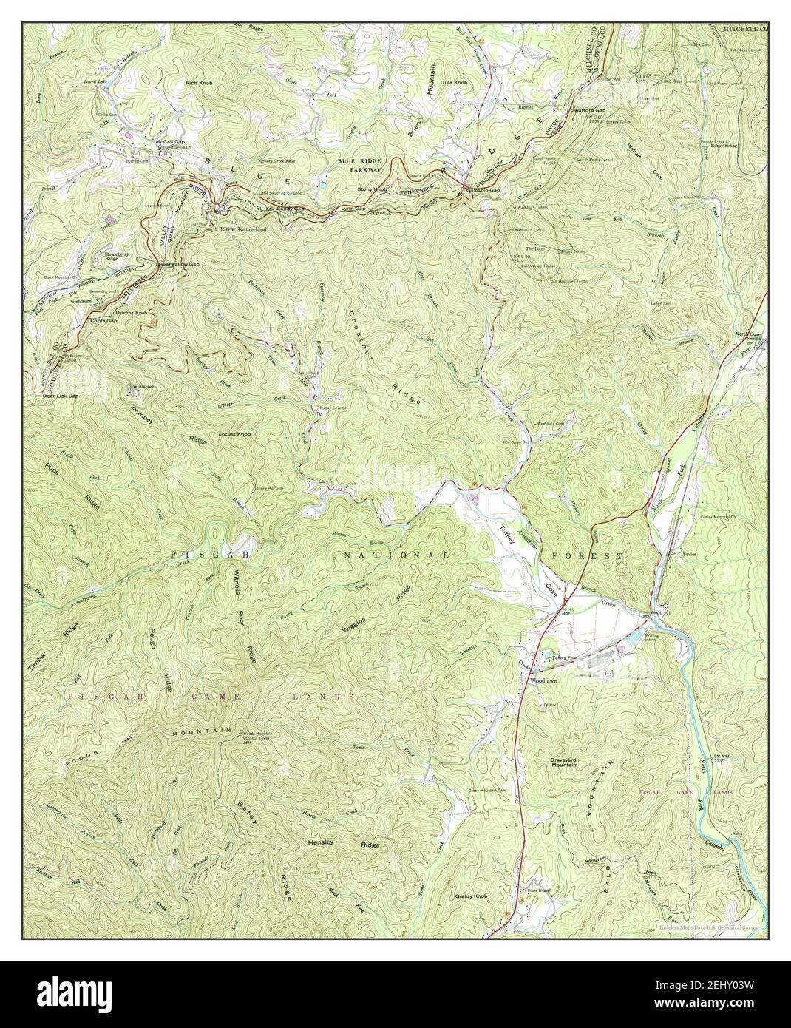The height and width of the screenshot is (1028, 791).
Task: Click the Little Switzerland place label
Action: [x=243, y=230]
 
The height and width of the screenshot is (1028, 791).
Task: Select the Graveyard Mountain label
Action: [x=573, y=762]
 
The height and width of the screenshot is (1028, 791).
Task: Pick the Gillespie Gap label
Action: [x=483, y=191]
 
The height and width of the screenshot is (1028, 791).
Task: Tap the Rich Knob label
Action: [x=200, y=84]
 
